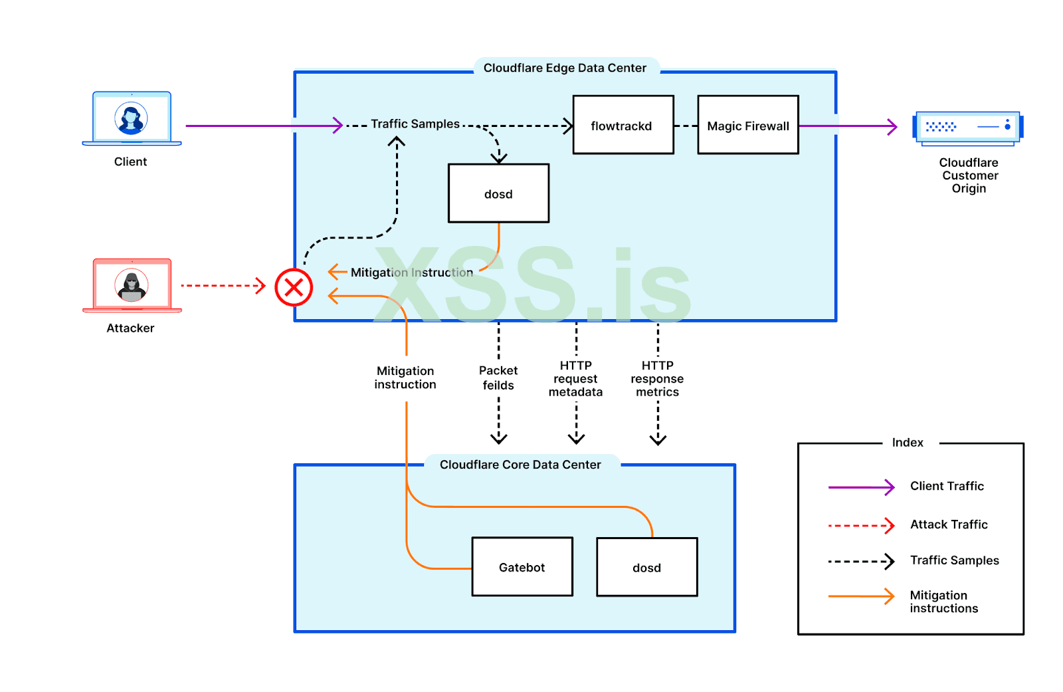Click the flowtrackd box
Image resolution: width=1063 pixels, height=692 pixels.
tap(623, 125)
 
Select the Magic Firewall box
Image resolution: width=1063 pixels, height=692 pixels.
tap(747, 125)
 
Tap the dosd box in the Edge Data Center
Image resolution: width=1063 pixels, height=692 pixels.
tap(498, 193)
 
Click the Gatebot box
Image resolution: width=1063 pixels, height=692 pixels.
tap(522, 566)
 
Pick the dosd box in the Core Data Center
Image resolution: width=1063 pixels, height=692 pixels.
tap(646, 567)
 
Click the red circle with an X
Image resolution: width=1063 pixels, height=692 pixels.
tap(294, 287)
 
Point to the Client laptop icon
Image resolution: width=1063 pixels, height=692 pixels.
tap(132, 119)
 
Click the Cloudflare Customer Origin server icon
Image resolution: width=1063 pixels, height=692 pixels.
tap(967, 128)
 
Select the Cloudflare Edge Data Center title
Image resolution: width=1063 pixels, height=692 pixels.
tap(565, 68)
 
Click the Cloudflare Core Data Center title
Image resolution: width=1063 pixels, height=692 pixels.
tap(520, 465)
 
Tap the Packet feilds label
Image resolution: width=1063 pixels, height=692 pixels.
tap(498, 378)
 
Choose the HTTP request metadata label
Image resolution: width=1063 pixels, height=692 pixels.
tap(575, 379)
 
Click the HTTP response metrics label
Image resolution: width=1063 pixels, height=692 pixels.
tap(657, 379)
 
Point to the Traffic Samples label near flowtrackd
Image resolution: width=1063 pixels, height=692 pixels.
tap(415, 124)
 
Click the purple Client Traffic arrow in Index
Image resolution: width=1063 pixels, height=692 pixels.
tap(861, 487)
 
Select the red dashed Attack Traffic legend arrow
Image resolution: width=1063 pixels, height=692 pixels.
tap(861, 525)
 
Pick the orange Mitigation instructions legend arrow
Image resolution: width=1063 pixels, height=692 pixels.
tap(861, 596)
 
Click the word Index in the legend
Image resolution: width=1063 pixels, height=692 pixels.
tap(908, 443)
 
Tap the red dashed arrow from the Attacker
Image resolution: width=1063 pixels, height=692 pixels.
tap(223, 286)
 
